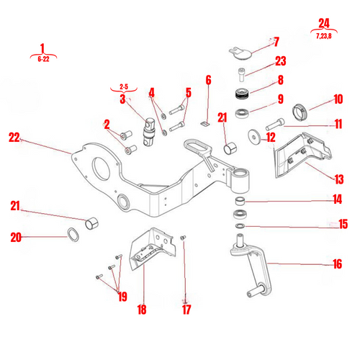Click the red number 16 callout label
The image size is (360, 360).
point(337,264)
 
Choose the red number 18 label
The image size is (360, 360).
point(141,310)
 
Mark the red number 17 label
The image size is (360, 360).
point(186,310)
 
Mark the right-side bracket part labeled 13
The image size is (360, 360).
point(302,152)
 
